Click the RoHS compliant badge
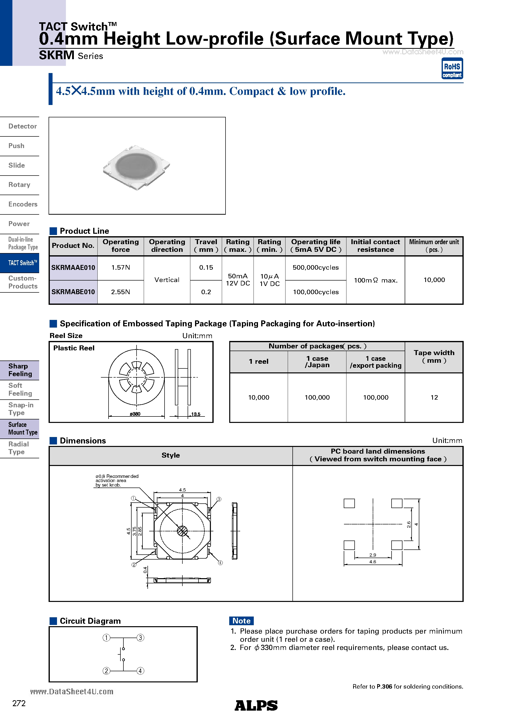click(452, 69)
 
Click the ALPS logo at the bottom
click(256, 705)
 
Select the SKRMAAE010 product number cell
click(73, 268)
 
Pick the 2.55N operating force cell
click(120, 292)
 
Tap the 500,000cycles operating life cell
click(315, 268)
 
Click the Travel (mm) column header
click(206, 246)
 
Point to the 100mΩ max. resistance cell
click(375, 280)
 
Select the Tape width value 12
click(434, 397)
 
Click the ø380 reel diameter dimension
click(135, 414)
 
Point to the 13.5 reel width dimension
click(196, 414)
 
